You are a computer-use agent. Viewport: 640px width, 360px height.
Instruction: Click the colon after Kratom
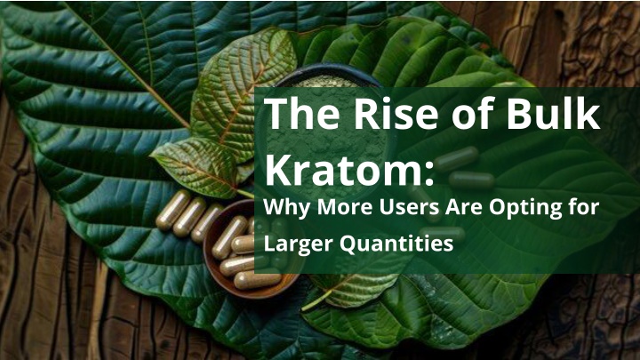[428, 173]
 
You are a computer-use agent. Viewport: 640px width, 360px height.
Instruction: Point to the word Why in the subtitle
[287, 207]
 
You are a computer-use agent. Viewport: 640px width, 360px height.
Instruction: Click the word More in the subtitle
[345, 207]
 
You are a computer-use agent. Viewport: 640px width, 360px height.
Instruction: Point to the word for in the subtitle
[583, 207]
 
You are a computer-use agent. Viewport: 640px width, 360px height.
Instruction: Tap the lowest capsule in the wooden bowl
[258, 281]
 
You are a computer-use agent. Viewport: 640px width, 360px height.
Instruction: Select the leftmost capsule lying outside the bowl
[173, 210]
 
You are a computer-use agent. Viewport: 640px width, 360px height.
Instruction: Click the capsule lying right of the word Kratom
[471, 180]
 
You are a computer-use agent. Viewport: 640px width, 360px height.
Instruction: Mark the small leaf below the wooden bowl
[347, 290]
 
